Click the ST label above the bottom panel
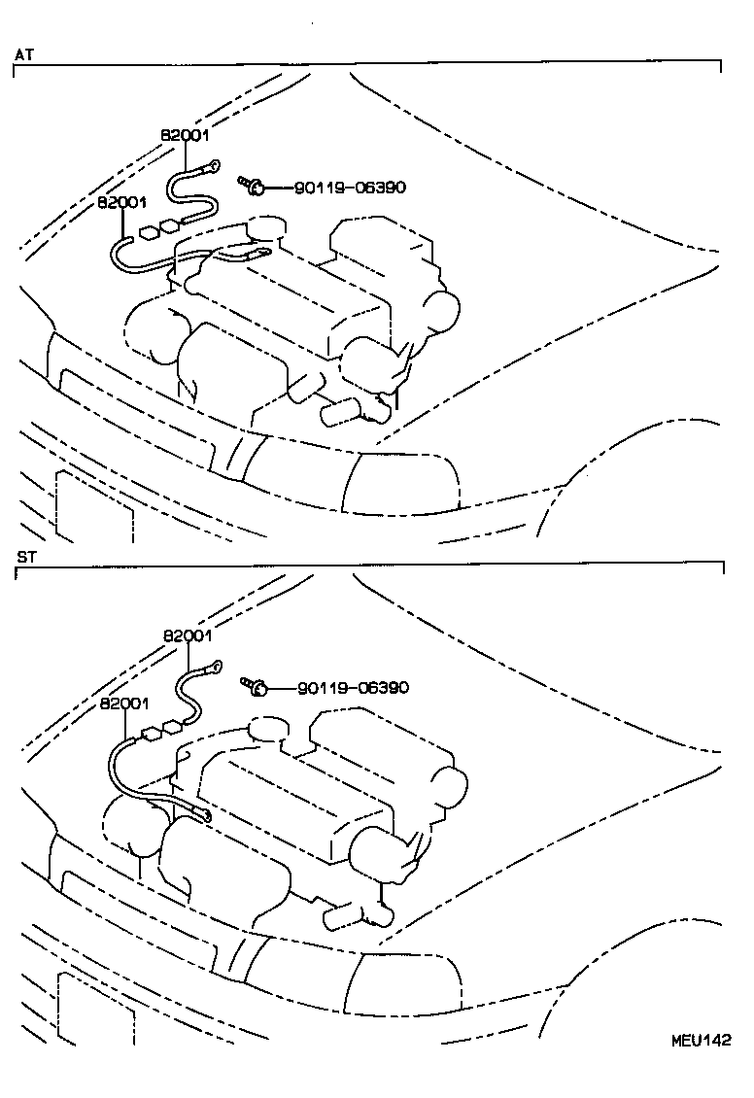pyautogui.click(x=25, y=557)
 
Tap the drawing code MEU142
pyautogui.click(x=700, y=1040)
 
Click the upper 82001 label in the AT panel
pyautogui.click(x=185, y=136)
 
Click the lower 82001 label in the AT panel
pyautogui.click(x=121, y=203)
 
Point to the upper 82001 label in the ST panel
pyautogui.click(x=188, y=635)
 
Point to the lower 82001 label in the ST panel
pyautogui.click(x=123, y=703)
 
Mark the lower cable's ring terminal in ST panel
pyautogui.click(x=204, y=814)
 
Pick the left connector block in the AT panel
pyautogui.click(x=149, y=233)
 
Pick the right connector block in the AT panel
pyautogui.click(x=170, y=225)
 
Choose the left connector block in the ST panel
pyautogui.click(x=151, y=735)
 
